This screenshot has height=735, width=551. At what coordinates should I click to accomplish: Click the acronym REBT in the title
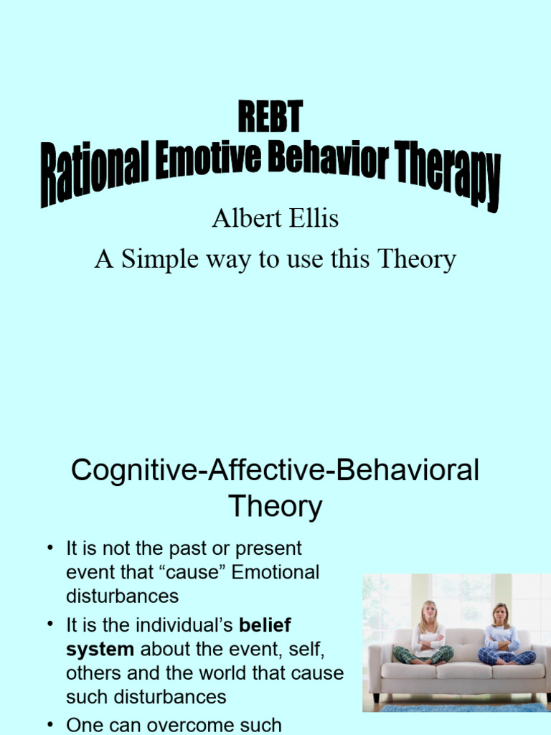pos(270,118)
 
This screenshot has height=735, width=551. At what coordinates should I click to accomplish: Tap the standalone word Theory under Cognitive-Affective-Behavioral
pos(275,507)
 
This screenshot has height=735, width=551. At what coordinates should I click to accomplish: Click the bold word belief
pos(266,624)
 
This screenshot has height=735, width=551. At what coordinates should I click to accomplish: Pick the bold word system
pos(100,649)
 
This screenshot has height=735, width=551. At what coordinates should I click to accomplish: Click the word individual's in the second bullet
pos(186,624)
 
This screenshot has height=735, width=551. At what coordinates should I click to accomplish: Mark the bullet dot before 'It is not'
pos(51,549)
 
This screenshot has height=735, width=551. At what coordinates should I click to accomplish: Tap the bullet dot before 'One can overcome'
pos(51,725)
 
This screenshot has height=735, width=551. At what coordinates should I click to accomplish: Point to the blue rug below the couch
pos(459,707)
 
